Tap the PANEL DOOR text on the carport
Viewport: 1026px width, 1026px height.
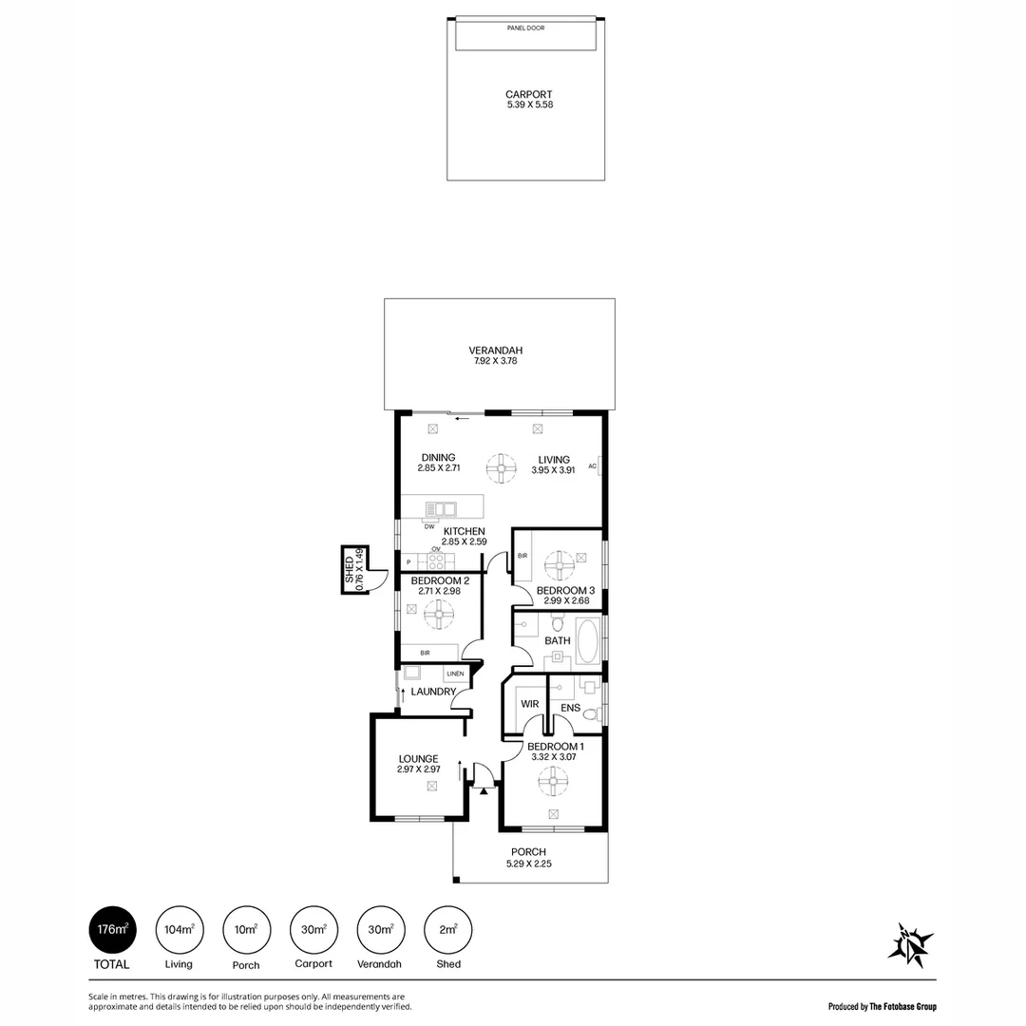(x=526, y=28)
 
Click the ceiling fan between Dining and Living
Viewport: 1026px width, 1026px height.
(x=500, y=466)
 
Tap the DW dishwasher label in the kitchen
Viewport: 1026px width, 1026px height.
(x=429, y=526)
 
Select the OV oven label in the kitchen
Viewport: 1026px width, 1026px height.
(x=436, y=549)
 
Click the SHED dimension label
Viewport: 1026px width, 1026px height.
(x=353, y=569)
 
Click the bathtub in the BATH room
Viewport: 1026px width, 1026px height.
(x=588, y=641)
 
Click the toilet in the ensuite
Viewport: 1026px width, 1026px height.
(x=590, y=714)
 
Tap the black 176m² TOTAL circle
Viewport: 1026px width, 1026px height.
(x=112, y=929)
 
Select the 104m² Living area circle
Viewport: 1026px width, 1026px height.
(x=179, y=929)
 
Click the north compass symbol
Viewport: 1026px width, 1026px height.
(x=909, y=944)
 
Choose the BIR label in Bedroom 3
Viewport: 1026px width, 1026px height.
(x=522, y=555)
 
